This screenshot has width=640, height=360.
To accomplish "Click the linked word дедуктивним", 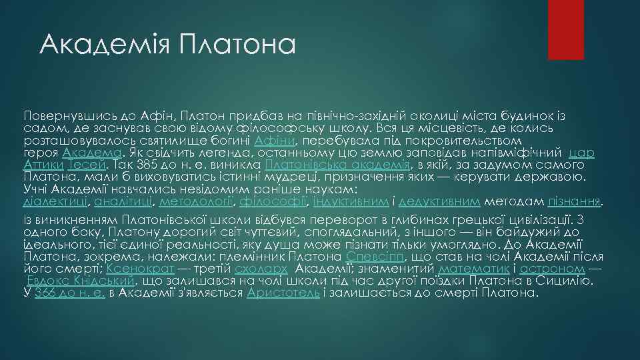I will pos(439,200).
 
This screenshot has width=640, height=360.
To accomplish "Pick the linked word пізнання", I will pos(574,200).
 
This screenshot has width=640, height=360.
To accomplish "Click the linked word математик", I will pos(474,269).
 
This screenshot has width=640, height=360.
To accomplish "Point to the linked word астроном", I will pos(553,269).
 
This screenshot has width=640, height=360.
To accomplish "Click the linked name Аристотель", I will pos(283,292).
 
